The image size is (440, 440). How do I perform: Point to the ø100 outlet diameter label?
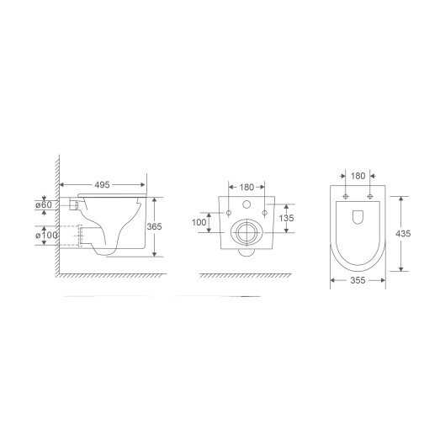(x=47, y=234)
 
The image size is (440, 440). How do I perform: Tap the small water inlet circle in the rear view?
(x=247, y=206)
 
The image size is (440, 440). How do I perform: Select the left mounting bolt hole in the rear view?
(x=228, y=215)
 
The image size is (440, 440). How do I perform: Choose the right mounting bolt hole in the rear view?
(x=264, y=215)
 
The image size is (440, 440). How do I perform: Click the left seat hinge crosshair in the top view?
(x=346, y=196)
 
